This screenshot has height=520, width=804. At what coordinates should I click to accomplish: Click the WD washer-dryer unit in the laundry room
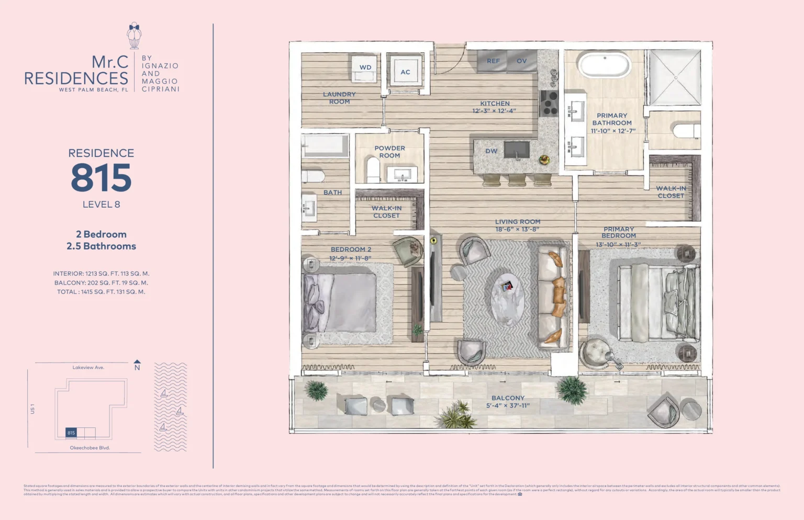click(365, 69)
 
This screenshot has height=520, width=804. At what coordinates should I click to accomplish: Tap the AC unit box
click(405, 72)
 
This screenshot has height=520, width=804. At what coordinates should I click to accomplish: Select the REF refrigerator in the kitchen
click(493, 61)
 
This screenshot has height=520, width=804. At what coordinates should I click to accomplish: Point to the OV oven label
click(522, 61)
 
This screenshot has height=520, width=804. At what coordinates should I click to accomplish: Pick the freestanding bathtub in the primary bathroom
click(605, 65)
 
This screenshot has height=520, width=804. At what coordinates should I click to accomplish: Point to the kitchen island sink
click(517, 150)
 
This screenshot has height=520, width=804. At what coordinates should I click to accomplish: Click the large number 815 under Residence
click(101, 178)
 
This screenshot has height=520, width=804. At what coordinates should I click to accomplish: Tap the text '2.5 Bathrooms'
click(101, 246)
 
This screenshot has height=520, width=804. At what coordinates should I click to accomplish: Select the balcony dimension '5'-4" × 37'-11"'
click(508, 405)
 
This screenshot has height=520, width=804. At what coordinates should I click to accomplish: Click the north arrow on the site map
click(137, 363)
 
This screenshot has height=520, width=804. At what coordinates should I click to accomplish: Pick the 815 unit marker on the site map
click(71, 433)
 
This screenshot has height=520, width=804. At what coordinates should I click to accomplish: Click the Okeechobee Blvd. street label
click(90, 448)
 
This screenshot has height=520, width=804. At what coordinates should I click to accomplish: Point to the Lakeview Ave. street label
click(88, 367)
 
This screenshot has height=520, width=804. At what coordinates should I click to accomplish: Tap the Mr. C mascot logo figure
click(134, 36)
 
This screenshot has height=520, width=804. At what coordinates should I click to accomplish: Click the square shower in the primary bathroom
click(675, 78)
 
